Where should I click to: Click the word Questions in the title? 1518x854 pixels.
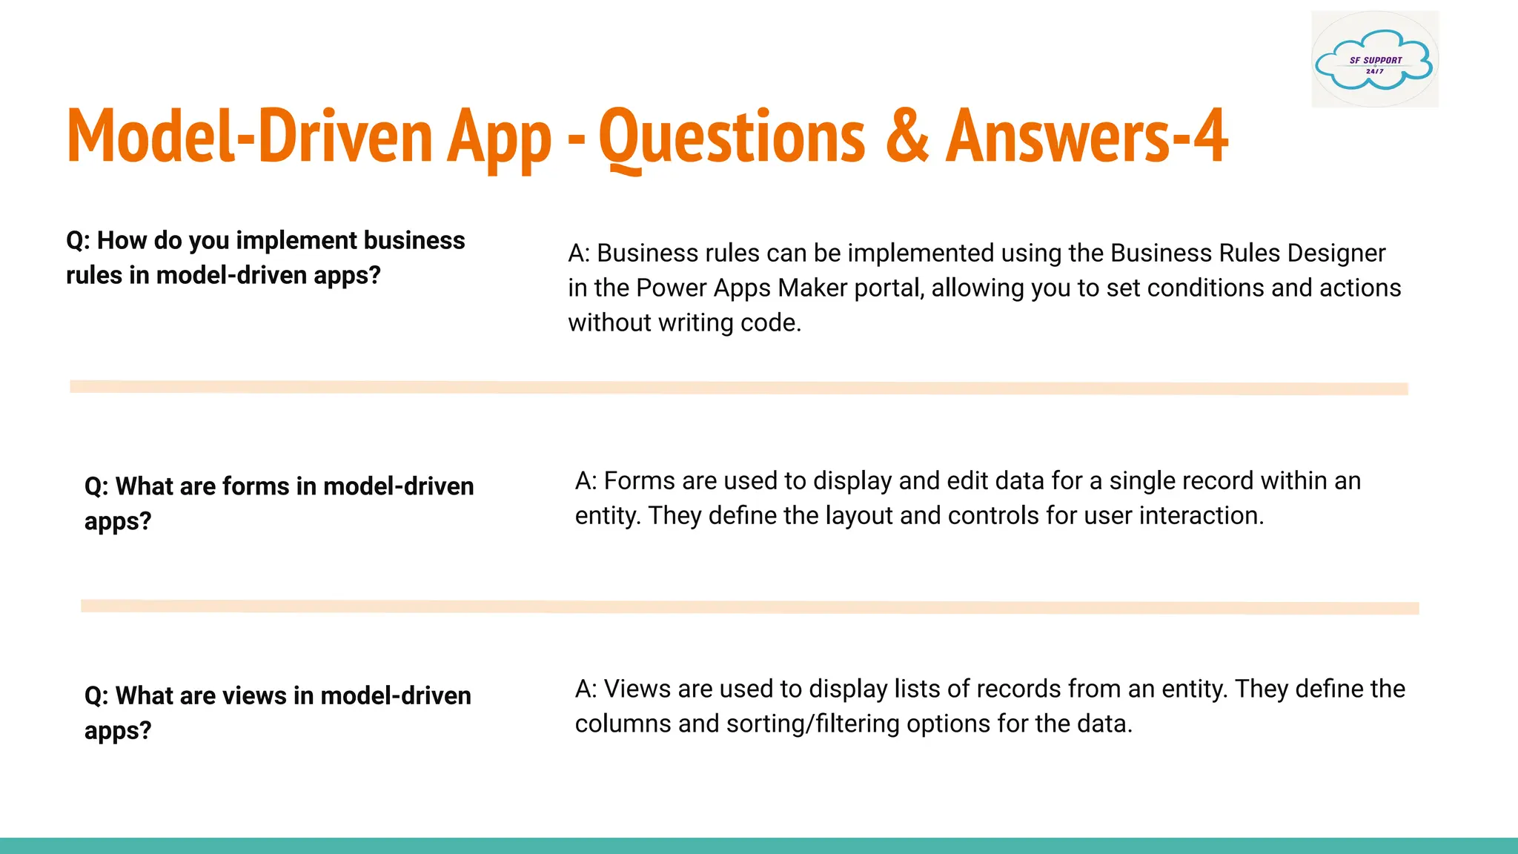(732, 136)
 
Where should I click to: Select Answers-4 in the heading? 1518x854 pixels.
(1087, 136)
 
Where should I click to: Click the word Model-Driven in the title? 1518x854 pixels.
(249, 136)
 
